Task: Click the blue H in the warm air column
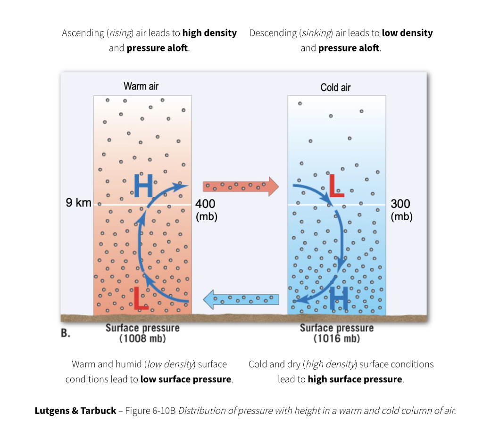pyautogui.click(x=143, y=185)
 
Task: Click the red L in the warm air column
pyautogui.click(x=140, y=298)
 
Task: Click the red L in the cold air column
pyautogui.click(x=336, y=185)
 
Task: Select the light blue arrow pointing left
pyautogui.click(x=241, y=299)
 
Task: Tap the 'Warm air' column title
pyautogui.click(x=141, y=86)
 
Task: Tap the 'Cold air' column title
pyautogui.click(x=335, y=88)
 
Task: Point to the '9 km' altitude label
pyautogui.click(x=78, y=204)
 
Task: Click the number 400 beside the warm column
pyautogui.click(x=205, y=204)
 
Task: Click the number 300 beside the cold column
pyautogui.click(x=400, y=204)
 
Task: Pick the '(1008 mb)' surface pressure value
pyautogui.click(x=142, y=339)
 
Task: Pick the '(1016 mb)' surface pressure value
pyautogui.click(x=336, y=339)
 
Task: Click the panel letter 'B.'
pyautogui.click(x=66, y=333)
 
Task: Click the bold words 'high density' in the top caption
pyautogui.click(x=209, y=33)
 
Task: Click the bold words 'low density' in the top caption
pyautogui.click(x=407, y=33)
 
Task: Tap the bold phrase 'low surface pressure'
pyautogui.click(x=186, y=380)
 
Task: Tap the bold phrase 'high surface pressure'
pyautogui.click(x=355, y=380)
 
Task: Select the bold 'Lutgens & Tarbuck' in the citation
pyautogui.click(x=75, y=411)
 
